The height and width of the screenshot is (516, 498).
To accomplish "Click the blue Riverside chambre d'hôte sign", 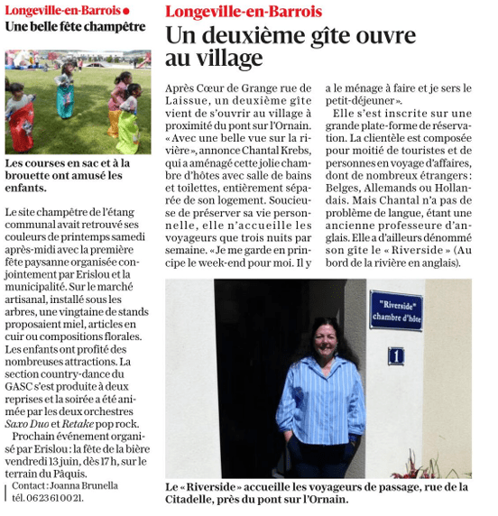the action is (x=395, y=309).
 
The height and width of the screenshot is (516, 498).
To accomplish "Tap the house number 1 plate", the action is (x=395, y=355).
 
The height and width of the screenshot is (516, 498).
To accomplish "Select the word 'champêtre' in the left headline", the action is (x=106, y=26).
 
